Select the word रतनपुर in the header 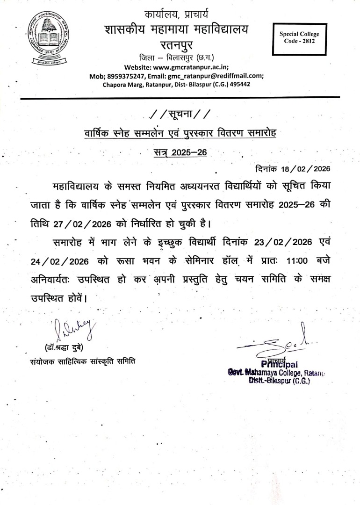pyautogui.click(x=176, y=46)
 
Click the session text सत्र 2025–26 pyautogui.click(x=180, y=152)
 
